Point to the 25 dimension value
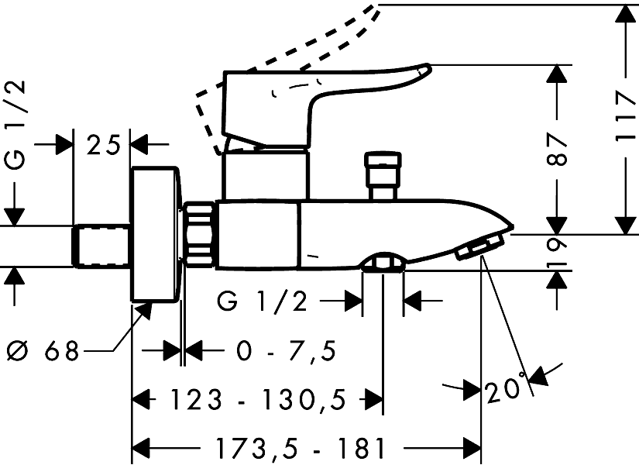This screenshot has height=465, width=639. (x=102, y=144)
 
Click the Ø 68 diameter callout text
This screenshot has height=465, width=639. (x=43, y=352)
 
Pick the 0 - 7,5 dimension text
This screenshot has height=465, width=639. (x=287, y=352)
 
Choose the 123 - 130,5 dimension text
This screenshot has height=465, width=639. (x=258, y=401)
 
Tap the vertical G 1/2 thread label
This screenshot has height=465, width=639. (x=15, y=124)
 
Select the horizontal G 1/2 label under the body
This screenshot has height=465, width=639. (x=263, y=302)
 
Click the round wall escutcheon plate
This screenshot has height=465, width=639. (x=156, y=233)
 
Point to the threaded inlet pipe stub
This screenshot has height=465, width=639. (x=101, y=245)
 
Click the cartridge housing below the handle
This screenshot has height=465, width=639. (x=265, y=174)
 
